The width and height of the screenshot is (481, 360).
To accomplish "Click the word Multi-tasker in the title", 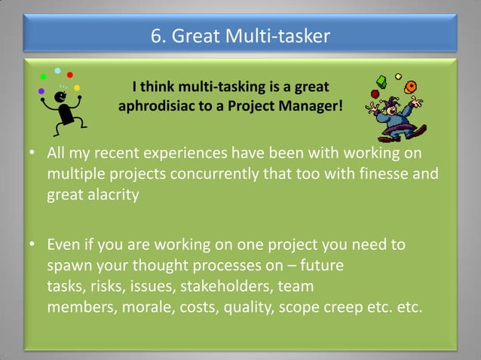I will pyautogui.click(x=283, y=35).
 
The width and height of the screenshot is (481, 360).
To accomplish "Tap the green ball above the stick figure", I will pyautogui.click(x=43, y=77).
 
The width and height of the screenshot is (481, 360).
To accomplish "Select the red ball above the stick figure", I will pyautogui.click(x=70, y=75).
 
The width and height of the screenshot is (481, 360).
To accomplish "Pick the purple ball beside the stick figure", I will pyautogui.click(x=41, y=91).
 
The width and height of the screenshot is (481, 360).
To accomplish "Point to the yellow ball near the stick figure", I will pyautogui.click(x=77, y=88).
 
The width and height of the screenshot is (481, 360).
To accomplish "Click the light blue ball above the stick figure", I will pyautogui.click(x=57, y=71).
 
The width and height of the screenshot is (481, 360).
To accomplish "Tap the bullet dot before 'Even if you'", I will pyautogui.click(x=33, y=246).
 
